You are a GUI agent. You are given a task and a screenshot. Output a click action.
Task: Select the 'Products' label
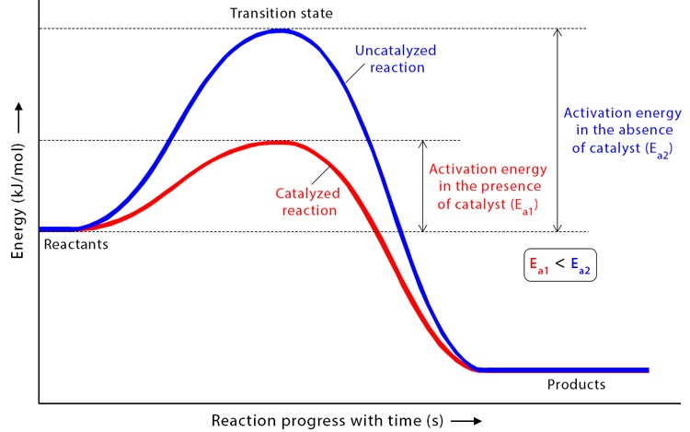coord(576,384)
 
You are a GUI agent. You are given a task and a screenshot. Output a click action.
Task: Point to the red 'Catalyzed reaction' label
coord(307,202)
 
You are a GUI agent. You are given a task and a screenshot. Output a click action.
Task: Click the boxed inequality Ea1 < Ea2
coord(555,263)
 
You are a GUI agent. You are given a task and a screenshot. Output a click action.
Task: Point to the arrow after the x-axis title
coord(466,422)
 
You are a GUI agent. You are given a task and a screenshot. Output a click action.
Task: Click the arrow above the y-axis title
coord(17,119)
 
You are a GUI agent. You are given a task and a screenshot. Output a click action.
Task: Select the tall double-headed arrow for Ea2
coord(555,129)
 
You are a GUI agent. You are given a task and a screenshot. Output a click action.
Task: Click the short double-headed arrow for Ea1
coord(422,185)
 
